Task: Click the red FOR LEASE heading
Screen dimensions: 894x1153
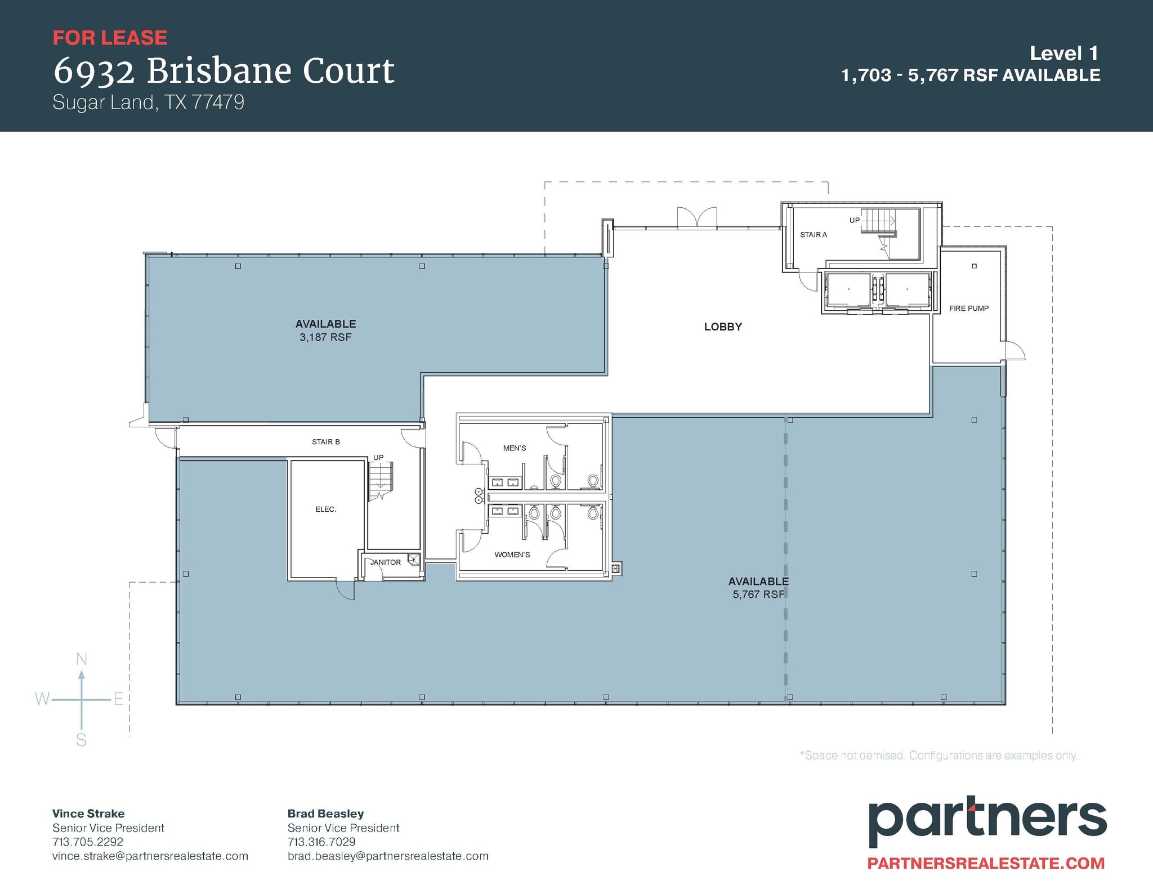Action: click(110, 38)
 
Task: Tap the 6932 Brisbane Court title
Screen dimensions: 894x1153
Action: click(224, 71)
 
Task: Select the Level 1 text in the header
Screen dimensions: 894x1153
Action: click(1063, 53)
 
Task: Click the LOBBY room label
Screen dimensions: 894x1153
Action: click(723, 327)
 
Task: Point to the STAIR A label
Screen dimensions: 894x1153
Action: click(813, 235)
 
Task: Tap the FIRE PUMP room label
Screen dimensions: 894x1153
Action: click(968, 309)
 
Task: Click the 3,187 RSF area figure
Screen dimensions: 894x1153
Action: click(325, 337)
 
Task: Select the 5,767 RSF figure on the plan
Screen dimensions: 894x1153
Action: click(758, 594)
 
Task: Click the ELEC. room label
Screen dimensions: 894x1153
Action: click(325, 509)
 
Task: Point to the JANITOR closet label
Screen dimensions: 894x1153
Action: click(386, 562)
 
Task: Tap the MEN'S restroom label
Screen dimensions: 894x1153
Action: click(515, 448)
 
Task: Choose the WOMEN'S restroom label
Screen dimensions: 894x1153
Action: click(512, 555)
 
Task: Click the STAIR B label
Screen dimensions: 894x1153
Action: click(325, 442)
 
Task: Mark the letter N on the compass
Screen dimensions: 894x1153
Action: click(82, 659)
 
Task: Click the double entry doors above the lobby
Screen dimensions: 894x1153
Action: click(697, 217)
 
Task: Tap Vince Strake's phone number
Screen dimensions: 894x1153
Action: click(87, 842)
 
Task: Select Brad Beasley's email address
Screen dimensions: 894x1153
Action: click(388, 856)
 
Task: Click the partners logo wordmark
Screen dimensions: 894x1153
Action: click(987, 823)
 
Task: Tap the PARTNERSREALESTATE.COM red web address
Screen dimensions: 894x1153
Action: click(986, 864)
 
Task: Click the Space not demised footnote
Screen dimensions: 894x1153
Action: click(938, 756)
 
